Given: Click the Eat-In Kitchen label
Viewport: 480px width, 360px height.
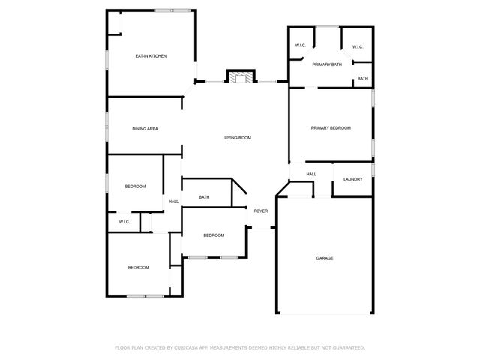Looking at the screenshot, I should [x=151, y=56].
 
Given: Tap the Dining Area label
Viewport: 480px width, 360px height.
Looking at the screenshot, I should [x=145, y=129].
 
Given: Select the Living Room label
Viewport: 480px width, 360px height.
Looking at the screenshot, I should [x=238, y=138].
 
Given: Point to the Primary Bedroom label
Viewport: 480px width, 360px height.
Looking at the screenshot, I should [x=331, y=128].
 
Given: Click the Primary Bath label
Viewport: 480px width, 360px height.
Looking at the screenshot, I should [x=327, y=64].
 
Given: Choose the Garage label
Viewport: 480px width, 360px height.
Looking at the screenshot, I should [x=324, y=258].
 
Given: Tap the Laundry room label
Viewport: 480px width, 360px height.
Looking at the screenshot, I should [x=353, y=179].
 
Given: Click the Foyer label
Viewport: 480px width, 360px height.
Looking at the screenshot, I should [x=260, y=211].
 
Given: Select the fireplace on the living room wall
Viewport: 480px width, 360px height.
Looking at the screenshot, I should [x=240, y=77].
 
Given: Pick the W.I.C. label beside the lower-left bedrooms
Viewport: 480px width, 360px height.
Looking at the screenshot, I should [x=124, y=222].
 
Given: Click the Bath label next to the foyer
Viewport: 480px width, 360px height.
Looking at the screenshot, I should [x=204, y=197].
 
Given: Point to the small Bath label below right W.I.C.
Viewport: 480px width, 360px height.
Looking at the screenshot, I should [x=362, y=79].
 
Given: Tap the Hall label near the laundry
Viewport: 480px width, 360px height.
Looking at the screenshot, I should [x=311, y=174].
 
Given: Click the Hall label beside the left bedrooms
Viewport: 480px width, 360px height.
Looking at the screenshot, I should [x=173, y=202].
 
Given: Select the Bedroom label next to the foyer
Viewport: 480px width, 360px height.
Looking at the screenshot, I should [x=214, y=235].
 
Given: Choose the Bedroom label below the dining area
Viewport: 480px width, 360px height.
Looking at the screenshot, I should [x=135, y=186].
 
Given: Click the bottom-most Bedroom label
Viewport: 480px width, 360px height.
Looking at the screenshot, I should [x=138, y=268].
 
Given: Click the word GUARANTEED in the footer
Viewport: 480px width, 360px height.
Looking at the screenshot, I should [x=347, y=347].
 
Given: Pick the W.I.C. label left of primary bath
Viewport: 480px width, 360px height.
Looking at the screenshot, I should [x=299, y=46].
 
